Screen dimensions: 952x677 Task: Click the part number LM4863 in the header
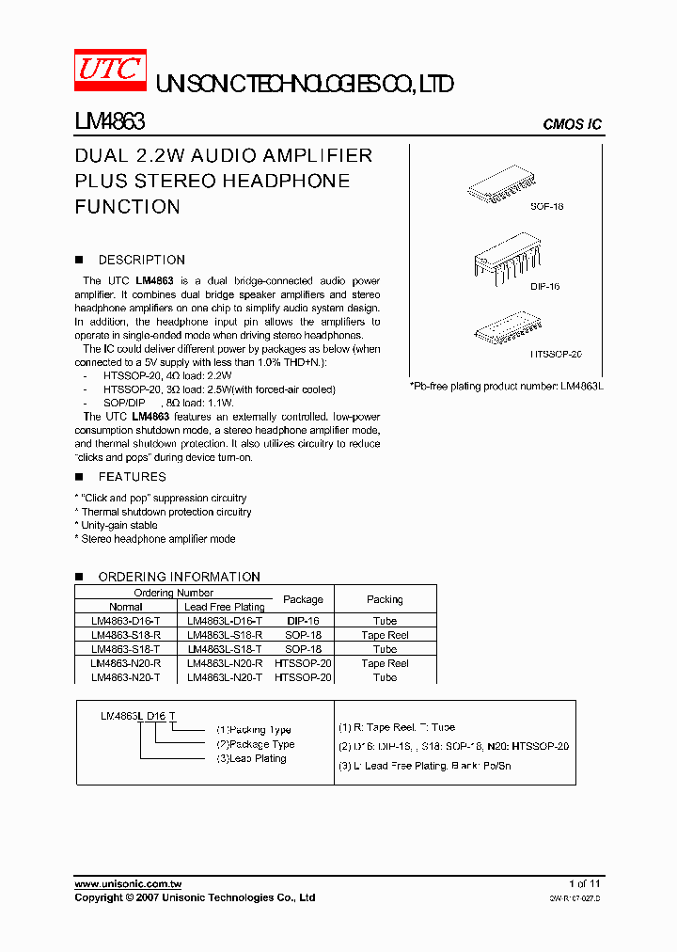(x=109, y=122)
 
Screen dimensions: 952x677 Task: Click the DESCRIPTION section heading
(x=141, y=260)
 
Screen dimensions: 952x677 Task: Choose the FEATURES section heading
(x=132, y=477)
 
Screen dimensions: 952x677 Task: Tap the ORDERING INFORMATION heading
(x=179, y=577)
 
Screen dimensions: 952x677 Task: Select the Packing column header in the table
(x=385, y=599)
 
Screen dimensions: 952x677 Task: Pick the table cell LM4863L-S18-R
(x=225, y=635)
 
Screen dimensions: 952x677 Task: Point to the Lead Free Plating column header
(x=225, y=607)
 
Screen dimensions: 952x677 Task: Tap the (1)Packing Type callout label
(x=254, y=730)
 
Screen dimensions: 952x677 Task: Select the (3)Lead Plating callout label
(x=251, y=758)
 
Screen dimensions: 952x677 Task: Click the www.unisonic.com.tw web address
(x=128, y=884)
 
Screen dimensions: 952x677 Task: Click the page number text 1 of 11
(x=584, y=884)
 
